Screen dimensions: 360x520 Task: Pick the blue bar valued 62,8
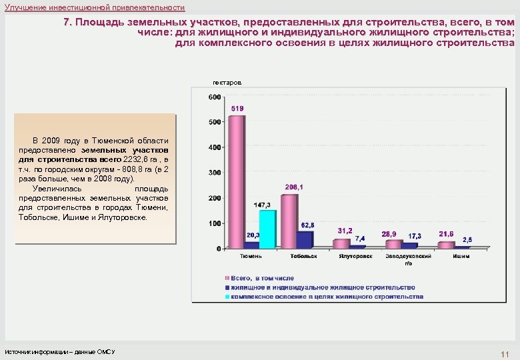click(305, 239)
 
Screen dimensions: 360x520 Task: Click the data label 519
click(237, 108)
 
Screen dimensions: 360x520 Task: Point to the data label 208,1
click(294, 187)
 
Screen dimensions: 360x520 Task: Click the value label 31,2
click(345, 231)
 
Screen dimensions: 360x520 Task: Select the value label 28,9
click(389, 234)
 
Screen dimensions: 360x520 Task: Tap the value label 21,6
click(446, 234)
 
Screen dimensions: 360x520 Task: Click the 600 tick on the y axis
click(215, 97)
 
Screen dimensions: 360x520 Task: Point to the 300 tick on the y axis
click(215, 173)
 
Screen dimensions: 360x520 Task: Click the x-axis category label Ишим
click(461, 256)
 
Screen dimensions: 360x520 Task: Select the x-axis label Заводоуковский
click(408, 256)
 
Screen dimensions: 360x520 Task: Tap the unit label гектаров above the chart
click(227, 82)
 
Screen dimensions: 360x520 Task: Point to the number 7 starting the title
click(66, 22)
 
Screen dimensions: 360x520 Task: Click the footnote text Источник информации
click(60, 351)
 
